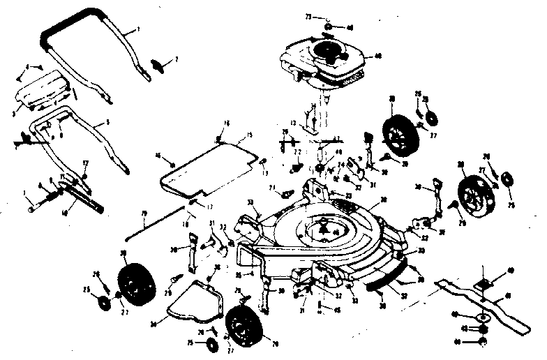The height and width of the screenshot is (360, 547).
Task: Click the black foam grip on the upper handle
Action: (70, 24)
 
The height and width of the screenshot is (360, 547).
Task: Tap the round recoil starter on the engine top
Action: (325, 50)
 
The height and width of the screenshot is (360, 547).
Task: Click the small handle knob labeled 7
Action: (159, 65)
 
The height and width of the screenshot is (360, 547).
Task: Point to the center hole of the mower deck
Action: (322, 227)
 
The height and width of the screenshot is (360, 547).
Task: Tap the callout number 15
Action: (248, 135)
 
